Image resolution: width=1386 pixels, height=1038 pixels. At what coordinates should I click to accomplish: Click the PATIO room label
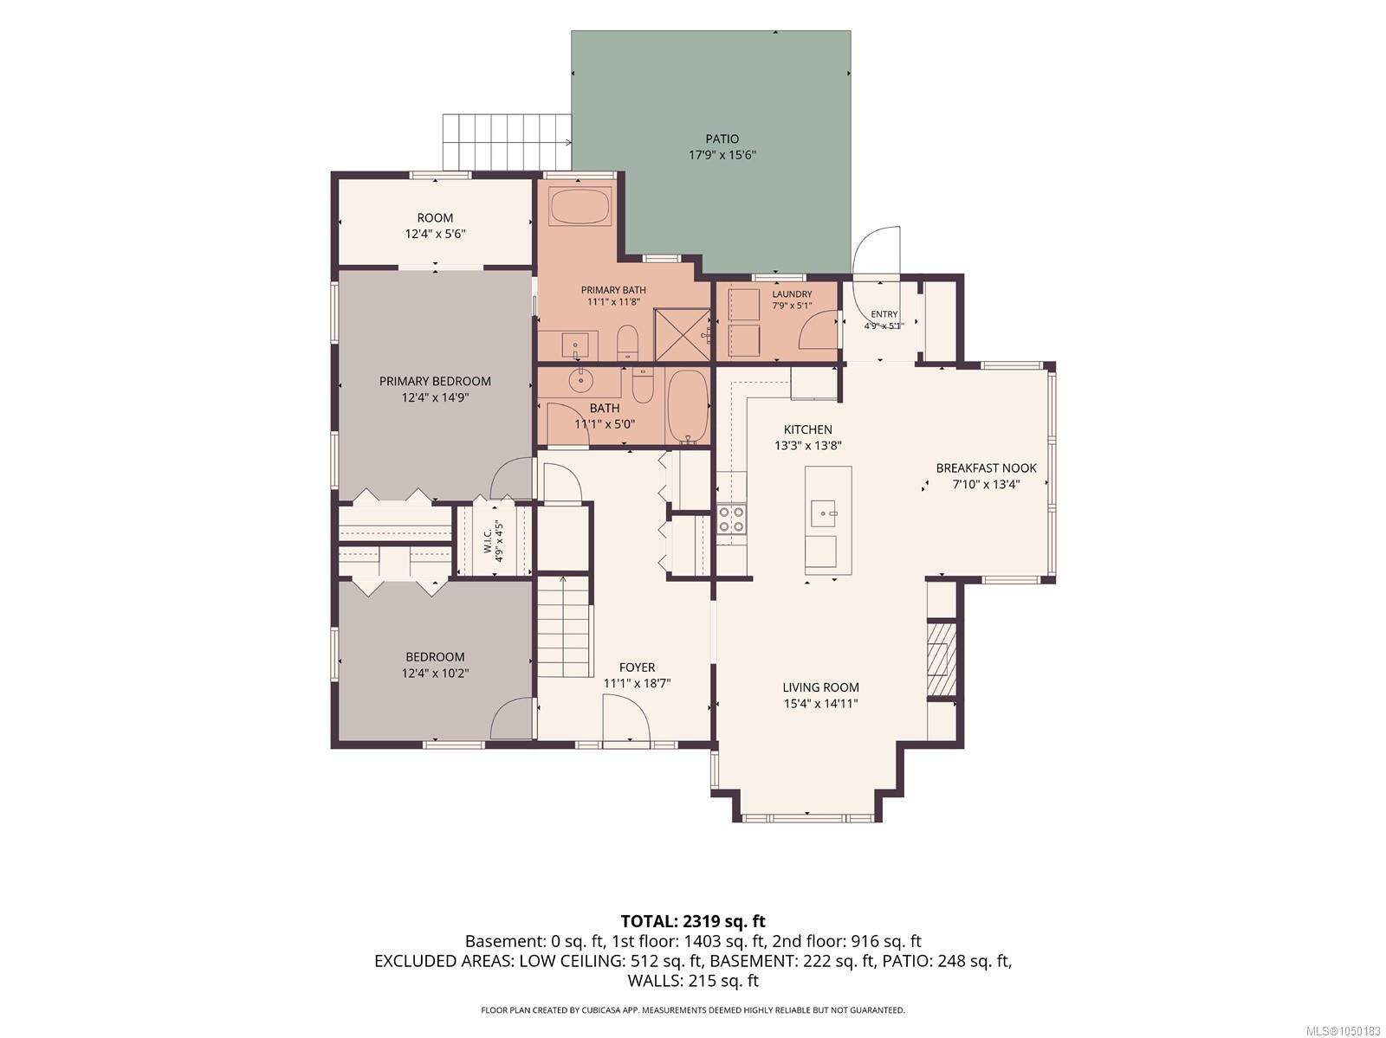(x=722, y=139)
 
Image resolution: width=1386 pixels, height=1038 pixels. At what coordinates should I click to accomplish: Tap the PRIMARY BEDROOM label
(x=435, y=381)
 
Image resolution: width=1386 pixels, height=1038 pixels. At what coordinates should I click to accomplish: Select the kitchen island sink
(x=824, y=513)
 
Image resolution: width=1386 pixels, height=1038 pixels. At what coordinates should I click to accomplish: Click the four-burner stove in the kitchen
(x=731, y=519)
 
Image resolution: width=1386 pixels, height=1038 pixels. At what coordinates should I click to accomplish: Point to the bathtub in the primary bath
(x=580, y=206)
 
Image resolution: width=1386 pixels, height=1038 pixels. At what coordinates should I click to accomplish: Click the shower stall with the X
(x=683, y=334)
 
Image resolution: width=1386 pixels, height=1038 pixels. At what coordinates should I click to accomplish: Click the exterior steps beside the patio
(x=507, y=142)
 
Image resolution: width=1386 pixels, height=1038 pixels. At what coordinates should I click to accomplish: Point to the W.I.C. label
(x=488, y=541)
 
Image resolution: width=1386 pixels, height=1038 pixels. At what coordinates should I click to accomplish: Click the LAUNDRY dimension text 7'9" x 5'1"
(x=791, y=306)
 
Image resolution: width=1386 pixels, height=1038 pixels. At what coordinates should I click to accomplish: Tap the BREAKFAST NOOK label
(x=986, y=468)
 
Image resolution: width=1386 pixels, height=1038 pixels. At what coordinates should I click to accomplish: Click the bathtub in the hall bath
(x=688, y=406)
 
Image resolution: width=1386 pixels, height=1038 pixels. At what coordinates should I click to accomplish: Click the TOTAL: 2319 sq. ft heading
(x=693, y=921)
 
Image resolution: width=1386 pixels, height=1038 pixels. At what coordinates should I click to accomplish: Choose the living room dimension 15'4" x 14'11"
(x=820, y=704)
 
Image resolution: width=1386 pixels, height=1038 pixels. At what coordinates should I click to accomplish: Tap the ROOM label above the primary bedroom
(x=435, y=217)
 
